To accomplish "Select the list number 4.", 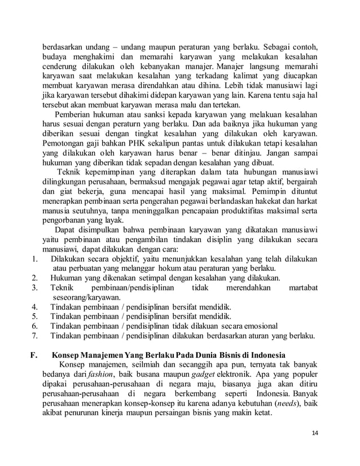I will coord(34,306).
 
